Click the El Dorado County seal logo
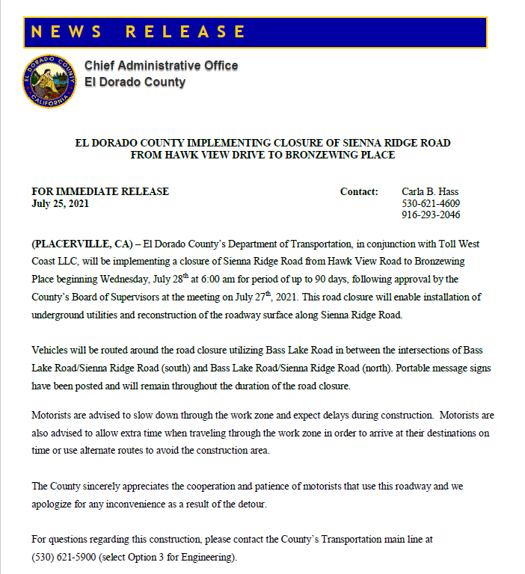[49, 80]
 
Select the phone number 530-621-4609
[431, 203]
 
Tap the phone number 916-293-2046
[431, 215]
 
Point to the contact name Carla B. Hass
[430, 191]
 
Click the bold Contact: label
[359, 191]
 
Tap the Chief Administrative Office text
[161, 66]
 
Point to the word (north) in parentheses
[346, 368]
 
